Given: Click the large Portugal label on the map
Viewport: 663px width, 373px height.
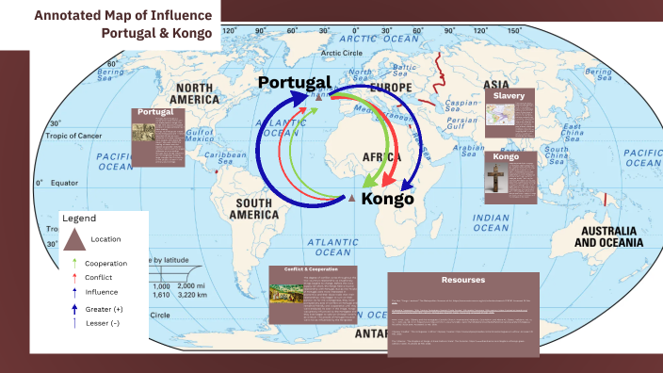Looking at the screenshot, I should (x=294, y=83).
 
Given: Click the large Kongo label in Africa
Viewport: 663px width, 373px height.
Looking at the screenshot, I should (x=387, y=199).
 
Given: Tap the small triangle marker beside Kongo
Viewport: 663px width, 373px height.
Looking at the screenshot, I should (x=352, y=200).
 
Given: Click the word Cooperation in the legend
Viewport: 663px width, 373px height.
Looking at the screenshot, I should (x=105, y=263).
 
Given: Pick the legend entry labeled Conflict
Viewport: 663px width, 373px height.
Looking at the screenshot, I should (x=98, y=278).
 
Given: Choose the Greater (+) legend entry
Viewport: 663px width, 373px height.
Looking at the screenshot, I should (x=104, y=309).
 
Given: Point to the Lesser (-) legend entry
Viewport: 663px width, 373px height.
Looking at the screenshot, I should (x=102, y=323).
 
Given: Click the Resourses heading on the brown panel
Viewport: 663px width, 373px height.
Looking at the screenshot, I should (x=462, y=280).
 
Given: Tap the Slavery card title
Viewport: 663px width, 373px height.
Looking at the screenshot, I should (x=509, y=95).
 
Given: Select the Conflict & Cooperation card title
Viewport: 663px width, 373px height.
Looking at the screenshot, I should (x=303, y=269).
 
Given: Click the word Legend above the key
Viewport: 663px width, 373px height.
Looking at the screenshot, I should (x=79, y=218).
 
